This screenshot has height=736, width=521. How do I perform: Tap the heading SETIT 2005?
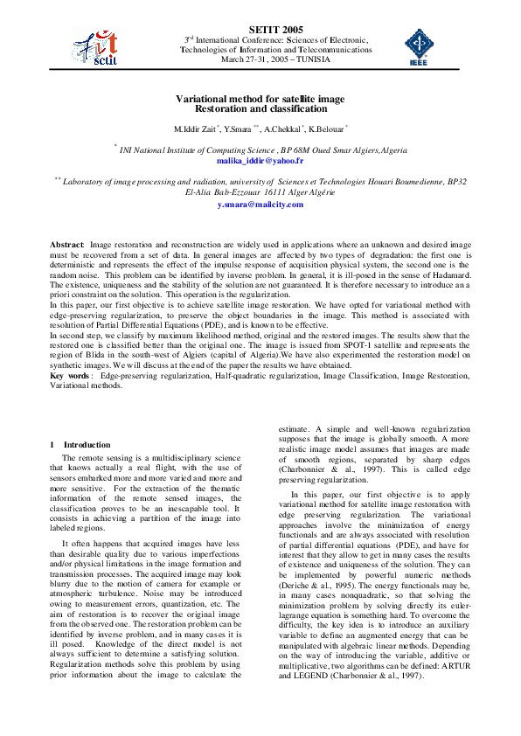[262, 30]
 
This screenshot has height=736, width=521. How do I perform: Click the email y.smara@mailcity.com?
[260, 204]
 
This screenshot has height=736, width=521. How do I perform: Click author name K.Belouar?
[327, 128]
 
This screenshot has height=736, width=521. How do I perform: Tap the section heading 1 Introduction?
[80, 445]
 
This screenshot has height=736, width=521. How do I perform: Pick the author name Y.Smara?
[241, 128]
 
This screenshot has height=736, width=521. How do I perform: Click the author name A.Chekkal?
[284, 128]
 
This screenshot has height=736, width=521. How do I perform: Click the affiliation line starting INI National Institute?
[262, 150]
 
